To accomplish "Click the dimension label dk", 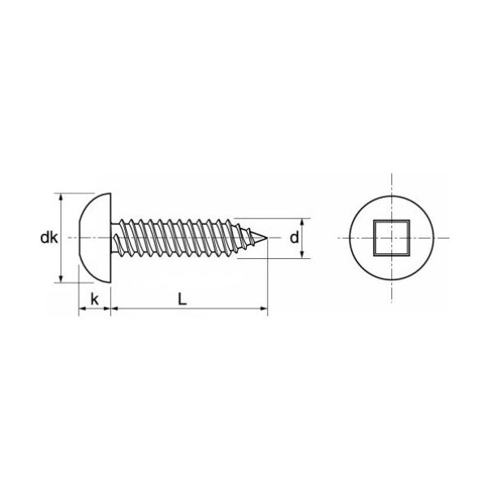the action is tap(49, 238).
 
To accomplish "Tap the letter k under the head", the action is tap(94, 300).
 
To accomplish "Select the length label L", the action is tap(183, 300).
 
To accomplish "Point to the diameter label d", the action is tap(294, 238).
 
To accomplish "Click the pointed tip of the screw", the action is tap(267, 238).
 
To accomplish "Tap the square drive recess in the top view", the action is tap(392, 238).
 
